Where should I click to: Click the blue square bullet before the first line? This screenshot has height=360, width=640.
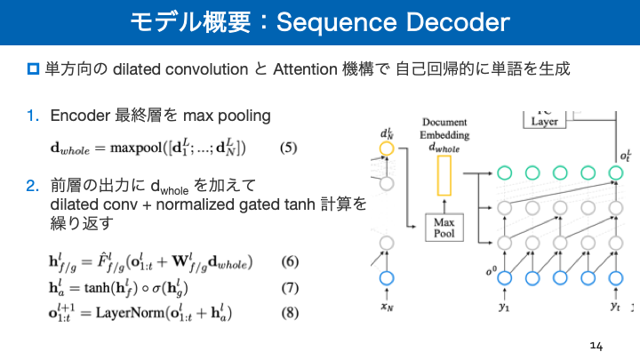[x=34, y=69]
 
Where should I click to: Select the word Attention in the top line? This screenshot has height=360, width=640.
[x=304, y=69]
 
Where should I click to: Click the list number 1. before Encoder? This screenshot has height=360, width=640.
[x=33, y=116]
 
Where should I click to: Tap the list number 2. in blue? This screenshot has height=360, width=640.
[x=33, y=186]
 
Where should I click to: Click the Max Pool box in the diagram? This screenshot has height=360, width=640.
[x=445, y=228]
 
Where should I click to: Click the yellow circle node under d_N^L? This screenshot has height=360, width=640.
[x=386, y=149]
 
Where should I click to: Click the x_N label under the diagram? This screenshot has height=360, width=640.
[x=386, y=308]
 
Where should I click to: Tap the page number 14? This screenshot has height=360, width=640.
[x=596, y=344]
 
